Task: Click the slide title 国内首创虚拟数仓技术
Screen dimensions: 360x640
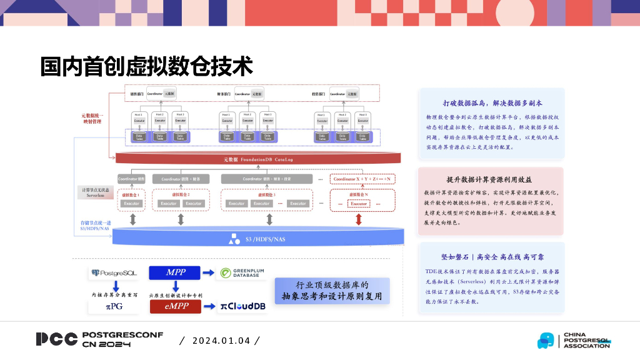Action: click(146, 66)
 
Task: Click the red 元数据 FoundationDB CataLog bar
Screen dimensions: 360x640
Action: click(257, 159)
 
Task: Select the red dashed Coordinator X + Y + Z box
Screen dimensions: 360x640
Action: click(362, 179)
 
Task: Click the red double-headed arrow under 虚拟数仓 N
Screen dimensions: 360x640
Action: click(359, 219)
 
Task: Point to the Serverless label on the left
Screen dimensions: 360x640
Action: click(95, 196)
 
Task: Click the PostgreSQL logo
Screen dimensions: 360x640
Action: click(113, 273)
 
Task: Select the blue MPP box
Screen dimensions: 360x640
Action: click(175, 272)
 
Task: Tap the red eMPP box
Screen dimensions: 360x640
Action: click(175, 306)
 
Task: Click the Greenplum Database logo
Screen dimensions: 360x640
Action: click(243, 273)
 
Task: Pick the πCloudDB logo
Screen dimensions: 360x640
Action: click(243, 306)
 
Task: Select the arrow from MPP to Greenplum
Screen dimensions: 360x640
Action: click(209, 273)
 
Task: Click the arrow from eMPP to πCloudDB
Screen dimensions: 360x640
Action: click(209, 306)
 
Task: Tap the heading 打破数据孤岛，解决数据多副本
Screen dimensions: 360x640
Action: click(492, 102)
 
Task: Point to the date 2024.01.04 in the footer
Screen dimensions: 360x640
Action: click(221, 341)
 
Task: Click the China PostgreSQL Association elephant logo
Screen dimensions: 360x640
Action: click(546, 341)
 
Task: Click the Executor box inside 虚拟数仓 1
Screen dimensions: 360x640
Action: click(131, 203)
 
